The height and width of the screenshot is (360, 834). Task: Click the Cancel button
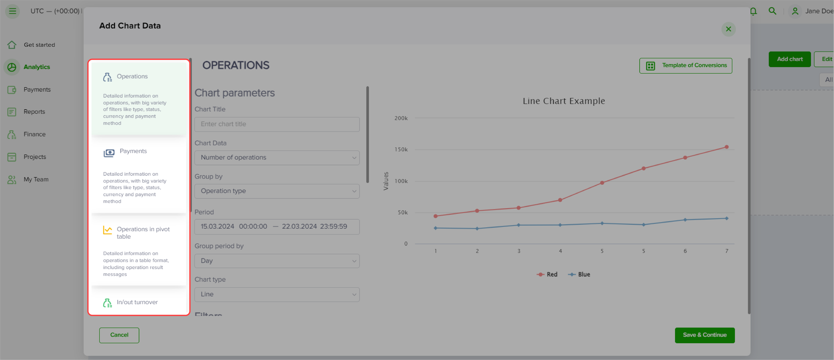[x=119, y=335]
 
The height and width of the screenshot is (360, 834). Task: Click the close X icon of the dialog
[x=728, y=29]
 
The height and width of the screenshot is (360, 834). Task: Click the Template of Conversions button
[x=686, y=66]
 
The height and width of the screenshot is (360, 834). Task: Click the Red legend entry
[x=547, y=275]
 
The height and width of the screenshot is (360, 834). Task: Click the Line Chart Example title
[x=564, y=101]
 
